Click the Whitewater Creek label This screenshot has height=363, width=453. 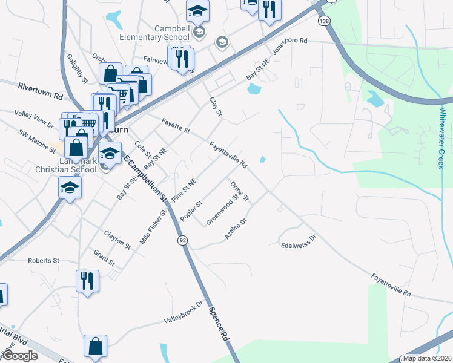point(443,138)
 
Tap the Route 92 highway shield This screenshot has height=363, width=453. point(182,241)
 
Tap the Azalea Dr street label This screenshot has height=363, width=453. point(236,229)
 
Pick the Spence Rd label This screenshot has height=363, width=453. point(219,325)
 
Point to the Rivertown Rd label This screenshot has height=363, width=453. point(40,91)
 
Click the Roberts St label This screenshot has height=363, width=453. point(43,260)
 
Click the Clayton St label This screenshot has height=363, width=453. point(117,240)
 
